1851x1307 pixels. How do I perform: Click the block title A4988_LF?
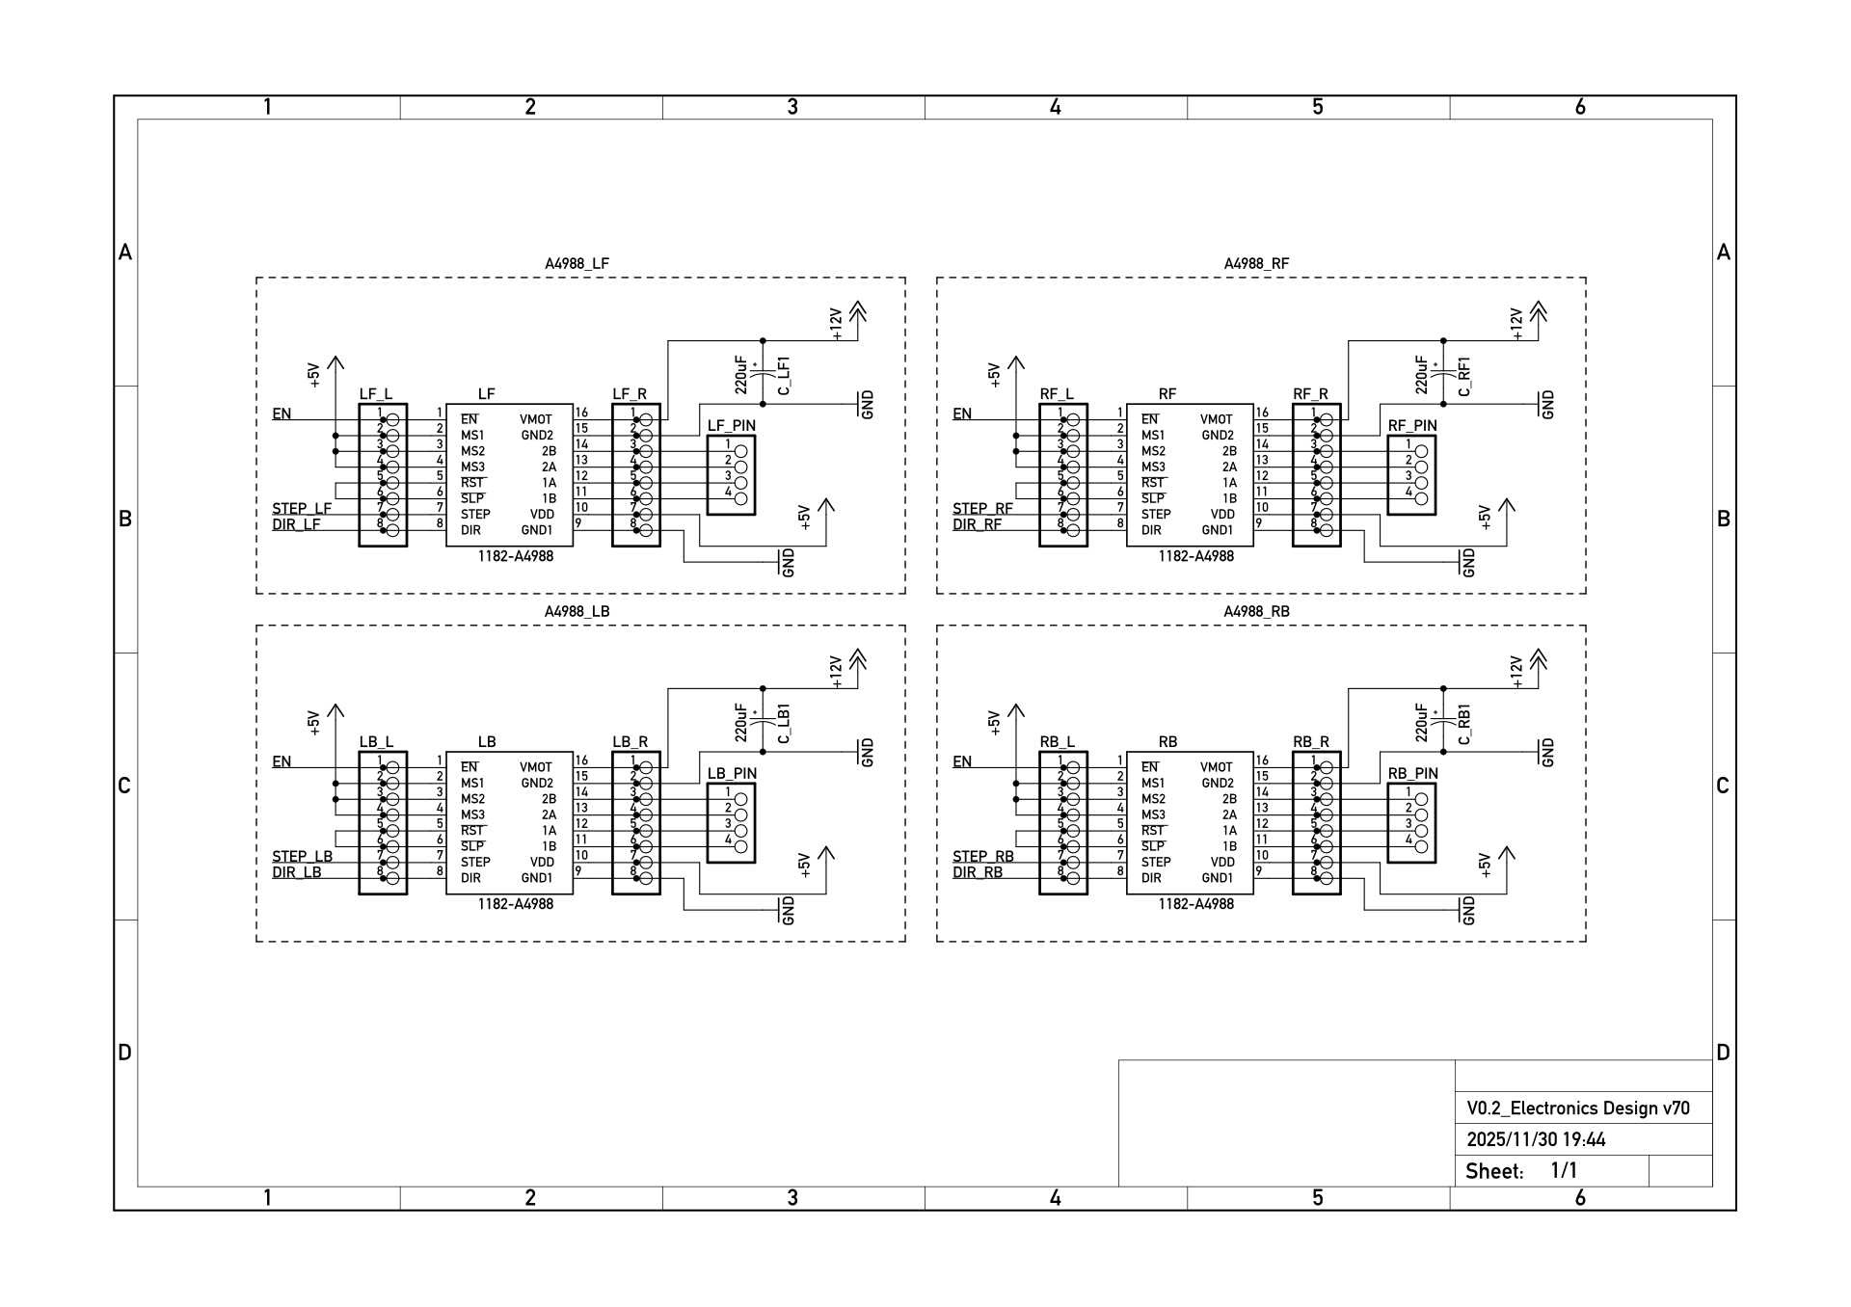[577, 263]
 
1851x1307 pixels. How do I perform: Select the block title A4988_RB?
[1256, 611]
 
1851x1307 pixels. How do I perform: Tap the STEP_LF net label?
[302, 508]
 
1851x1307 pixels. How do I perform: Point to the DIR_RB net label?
[978, 872]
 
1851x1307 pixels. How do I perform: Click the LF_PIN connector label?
[732, 425]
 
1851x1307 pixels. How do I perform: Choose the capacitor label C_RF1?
[1464, 376]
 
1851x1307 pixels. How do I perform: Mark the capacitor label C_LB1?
[784, 724]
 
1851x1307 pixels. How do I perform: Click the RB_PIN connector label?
[1412, 773]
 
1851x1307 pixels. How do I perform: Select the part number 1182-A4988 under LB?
[515, 904]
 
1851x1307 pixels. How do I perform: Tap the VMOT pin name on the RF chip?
[1217, 419]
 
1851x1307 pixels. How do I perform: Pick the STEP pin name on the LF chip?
[475, 514]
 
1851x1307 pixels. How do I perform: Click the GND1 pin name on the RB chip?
[1217, 878]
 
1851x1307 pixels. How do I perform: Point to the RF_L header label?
[1057, 393]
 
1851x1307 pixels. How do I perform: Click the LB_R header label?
[630, 741]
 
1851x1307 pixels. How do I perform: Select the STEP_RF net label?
[982, 508]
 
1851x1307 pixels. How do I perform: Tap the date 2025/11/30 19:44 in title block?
[1536, 1139]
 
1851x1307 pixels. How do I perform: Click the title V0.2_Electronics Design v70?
[1578, 1108]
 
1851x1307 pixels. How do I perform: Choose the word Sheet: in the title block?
[1493, 1171]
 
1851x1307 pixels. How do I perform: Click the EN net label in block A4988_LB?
[282, 761]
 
